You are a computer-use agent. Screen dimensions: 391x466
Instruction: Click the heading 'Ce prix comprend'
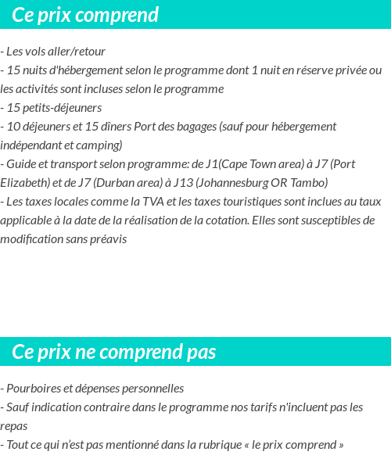[x=85, y=15]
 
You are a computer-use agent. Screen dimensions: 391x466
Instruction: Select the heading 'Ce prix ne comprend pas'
[x=113, y=352]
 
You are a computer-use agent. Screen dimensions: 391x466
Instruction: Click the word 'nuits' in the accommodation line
[x=36, y=70]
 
